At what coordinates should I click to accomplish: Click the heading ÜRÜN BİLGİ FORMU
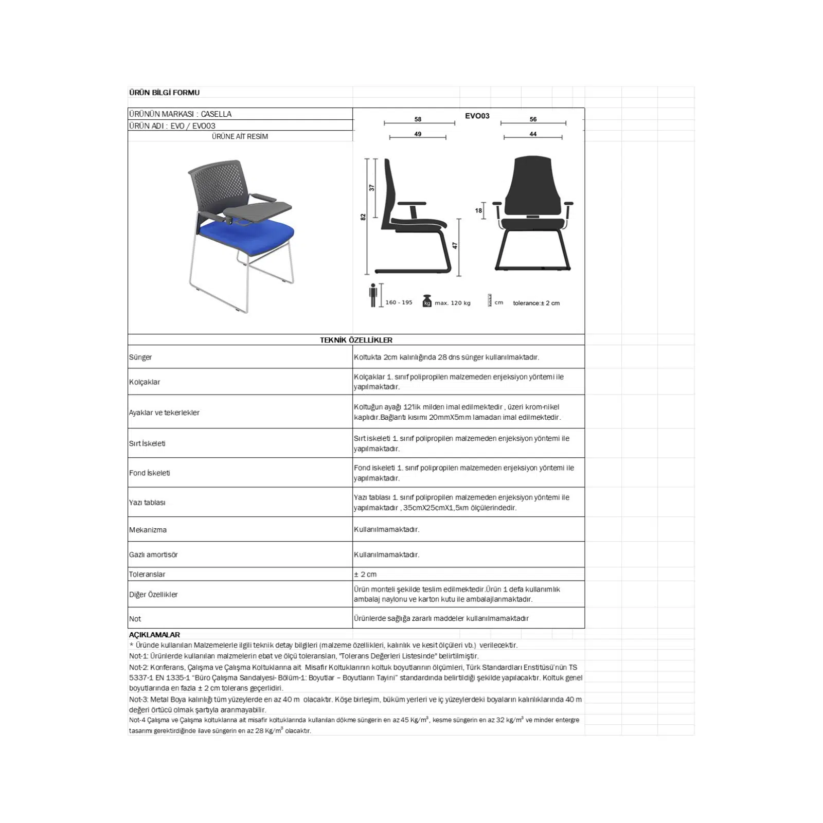tap(164, 93)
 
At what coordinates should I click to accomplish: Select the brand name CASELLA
tap(216, 114)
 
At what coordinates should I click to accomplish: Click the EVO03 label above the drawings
tap(477, 116)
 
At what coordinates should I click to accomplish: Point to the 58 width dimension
tap(418, 119)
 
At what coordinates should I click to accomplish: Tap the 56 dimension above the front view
tap(533, 119)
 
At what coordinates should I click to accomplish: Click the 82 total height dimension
tap(363, 217)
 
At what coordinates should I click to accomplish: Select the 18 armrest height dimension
tap(478, 210)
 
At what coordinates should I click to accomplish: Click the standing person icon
tap(373, 295)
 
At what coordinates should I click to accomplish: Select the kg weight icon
tap(427, 301)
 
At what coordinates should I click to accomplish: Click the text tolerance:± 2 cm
tap(536, 303)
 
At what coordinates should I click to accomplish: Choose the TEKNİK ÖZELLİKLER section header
tap(356, 340)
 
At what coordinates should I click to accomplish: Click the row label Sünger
tap(140, 357)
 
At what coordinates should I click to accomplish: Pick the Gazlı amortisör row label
tap(153, 554)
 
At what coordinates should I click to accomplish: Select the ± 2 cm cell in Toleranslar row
tap(365, 574)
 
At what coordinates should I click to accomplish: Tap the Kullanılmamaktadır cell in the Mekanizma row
tap(386, 529)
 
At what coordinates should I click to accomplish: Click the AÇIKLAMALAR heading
tap(154, 635)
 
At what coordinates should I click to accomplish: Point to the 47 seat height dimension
tap(455, 246)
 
